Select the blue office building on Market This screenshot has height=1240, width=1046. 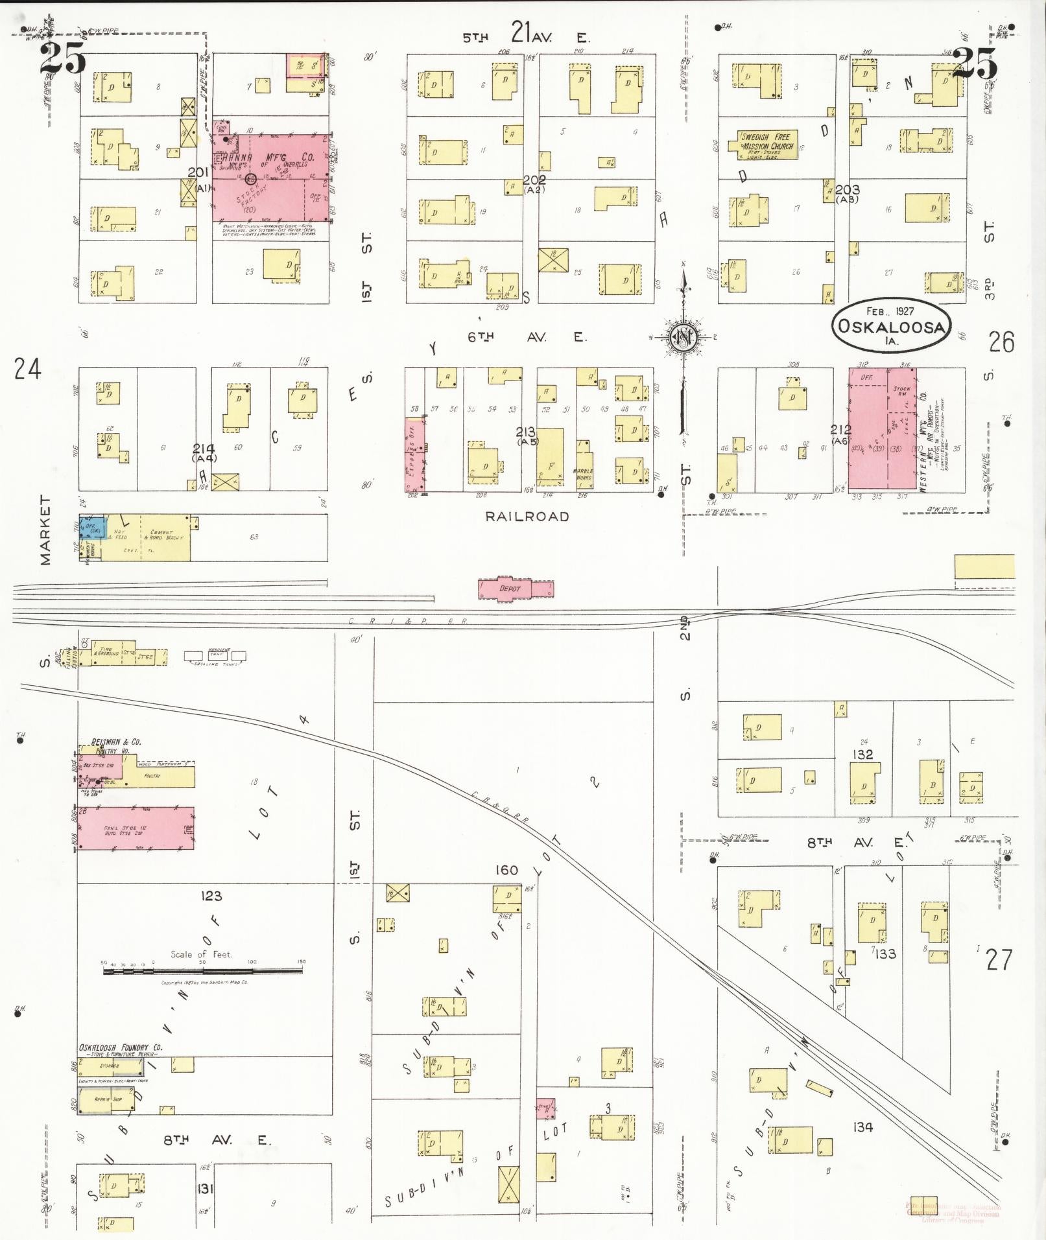pyautogui.click(x=91, y=528)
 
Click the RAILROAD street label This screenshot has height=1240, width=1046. pyautogui.click(x=527, y=517)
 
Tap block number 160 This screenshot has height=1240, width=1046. pyautogui.click(x=506, y=870)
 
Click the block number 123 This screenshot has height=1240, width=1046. pyautogui.click(x=211, y=896)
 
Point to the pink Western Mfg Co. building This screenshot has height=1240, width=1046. pyautogui.click(x=882, y=428)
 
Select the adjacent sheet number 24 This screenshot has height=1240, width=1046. pyautogui.click(x=27, y=369)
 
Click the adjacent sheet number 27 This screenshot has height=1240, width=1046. pyautogui.click(x=998, y=960)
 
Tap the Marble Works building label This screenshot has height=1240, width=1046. pyautogui.click(x=584, y=474)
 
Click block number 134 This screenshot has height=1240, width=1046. pyautogui.click(x=862, y=1127)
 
